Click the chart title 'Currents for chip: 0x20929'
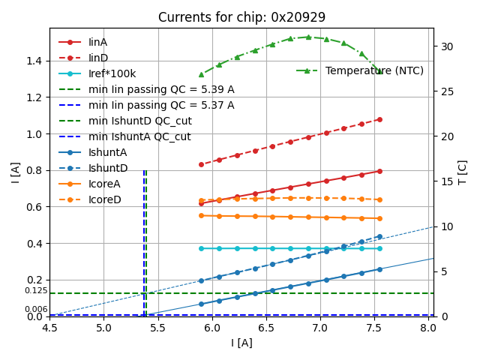[x=241, y=17]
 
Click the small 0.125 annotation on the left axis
[x=36, y=290]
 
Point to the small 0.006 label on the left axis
[x=36, y=309]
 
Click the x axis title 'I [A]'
[x=241, y=343]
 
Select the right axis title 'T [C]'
[x=462, y=172]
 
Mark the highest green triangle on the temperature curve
[x=308, y=37]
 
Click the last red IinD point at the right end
[x=379, y=119]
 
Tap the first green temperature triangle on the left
[x=201, y=73]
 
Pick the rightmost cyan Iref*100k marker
[x=379, y=248]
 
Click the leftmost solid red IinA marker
[x=201, y=203]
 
